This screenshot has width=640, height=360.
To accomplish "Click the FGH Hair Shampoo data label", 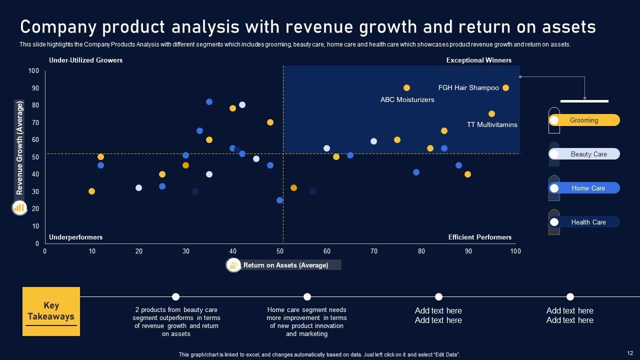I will coord(468,88).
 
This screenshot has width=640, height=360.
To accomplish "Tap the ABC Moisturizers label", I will coord(407,100).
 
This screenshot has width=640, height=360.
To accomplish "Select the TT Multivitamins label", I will coord(492,124).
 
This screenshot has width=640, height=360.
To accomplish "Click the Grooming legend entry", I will coord(584,120).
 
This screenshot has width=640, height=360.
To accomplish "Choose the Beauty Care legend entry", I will coord(588,154).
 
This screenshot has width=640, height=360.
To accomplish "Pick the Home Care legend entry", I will coord(588,188).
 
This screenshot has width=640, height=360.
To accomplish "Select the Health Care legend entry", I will coord(588,222).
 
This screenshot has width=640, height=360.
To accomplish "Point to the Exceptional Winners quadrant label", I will coord(478,60).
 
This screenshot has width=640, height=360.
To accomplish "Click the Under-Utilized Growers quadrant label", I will coord(85,60).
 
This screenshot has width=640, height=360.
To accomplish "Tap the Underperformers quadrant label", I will coord(75,237).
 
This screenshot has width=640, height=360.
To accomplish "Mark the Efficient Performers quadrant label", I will coord(479,237).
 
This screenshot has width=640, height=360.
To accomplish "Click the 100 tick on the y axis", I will coord(33,71).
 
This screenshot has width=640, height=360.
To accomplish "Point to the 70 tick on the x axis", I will coord(373,251).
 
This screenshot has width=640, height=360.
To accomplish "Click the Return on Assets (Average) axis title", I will coord(285,265).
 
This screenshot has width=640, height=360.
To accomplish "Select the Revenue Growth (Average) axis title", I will coord(19,148).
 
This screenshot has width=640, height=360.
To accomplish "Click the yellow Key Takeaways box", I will coord(51,311).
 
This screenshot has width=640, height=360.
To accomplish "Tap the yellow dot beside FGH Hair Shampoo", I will coord(505,88).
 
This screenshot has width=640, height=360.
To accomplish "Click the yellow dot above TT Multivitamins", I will coord(491,114).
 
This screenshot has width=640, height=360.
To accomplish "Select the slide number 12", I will coord(629,353).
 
